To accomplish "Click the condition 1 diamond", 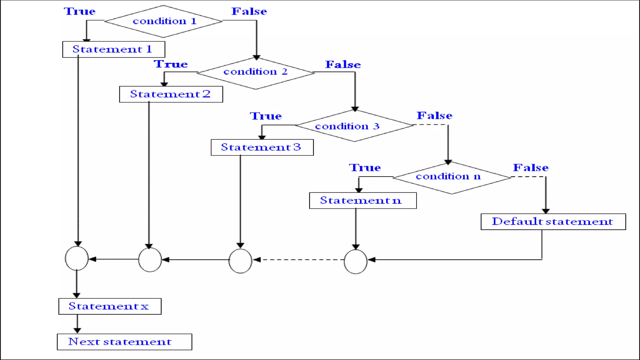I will point(163,21).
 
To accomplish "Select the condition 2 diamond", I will point(255,73).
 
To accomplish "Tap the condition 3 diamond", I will point(354,126).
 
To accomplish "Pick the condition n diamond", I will point(452,177).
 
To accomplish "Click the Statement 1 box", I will point(113,49).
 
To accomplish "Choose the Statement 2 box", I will point(171,94).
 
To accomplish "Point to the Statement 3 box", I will point(262,147).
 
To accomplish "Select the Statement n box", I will point(362,200).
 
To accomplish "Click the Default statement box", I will point(553,222).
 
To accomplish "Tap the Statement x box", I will point(110,306).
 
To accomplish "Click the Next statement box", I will point(124,342).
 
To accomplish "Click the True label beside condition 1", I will point(80,11).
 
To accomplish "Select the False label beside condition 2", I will point(343,64).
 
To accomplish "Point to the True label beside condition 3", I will point(266,116).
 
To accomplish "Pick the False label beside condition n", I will point(530,167).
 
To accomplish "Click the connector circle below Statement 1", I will point(77,258).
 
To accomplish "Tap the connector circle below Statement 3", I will point(240,261).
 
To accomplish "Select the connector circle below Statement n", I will point(355,262).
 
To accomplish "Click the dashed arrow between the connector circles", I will point(298,260).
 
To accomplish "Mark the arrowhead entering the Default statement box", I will point(546,211).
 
